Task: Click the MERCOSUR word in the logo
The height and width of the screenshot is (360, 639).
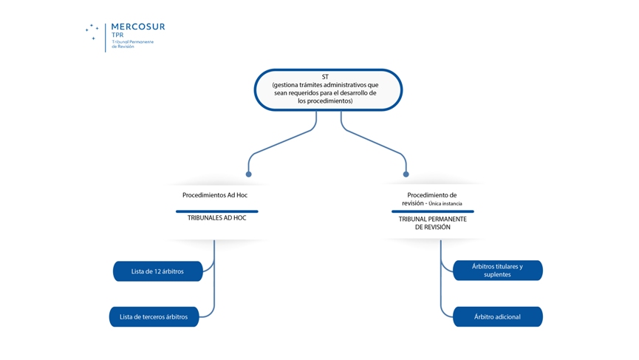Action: click(x=138, y=27)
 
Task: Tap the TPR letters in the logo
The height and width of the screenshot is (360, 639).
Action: click(x=118, y=35)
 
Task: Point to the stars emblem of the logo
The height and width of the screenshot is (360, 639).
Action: click(x=92, y=31)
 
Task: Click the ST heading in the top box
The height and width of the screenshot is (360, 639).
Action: click(x=325, y=77)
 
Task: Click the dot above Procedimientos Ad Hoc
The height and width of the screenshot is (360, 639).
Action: click(x=249, y=174)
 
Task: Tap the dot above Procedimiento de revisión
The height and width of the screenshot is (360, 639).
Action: click(x=406, y=174)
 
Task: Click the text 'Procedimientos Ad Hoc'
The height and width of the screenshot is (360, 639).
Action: click(x=215, y=195)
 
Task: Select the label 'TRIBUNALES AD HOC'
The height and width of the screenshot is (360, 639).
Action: click(x=216, y=218)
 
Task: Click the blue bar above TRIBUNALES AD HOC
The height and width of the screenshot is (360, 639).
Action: click(x=216, y=211)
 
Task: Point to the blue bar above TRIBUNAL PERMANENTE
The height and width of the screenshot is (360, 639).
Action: click(x=432, y=211)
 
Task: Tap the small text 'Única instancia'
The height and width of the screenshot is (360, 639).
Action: click(x=445, y=204)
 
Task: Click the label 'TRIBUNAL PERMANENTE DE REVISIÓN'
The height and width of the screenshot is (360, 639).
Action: click(x=432, y=223)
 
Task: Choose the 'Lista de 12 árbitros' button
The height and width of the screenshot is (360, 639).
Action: click(x=157, y=271)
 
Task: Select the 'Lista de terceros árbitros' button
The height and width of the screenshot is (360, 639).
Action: click(x=154, y=317)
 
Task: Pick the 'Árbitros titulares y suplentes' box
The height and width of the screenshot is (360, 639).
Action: click(x=497, y=271)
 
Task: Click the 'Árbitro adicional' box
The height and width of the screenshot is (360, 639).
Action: click(x=497, y=317)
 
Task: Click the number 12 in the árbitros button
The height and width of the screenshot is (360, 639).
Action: click(x=157, y=271)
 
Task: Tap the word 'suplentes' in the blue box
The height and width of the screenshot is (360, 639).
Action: click(x=497, y=275)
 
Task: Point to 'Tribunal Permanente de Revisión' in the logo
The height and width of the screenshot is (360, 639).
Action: click(x=133, y=44)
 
